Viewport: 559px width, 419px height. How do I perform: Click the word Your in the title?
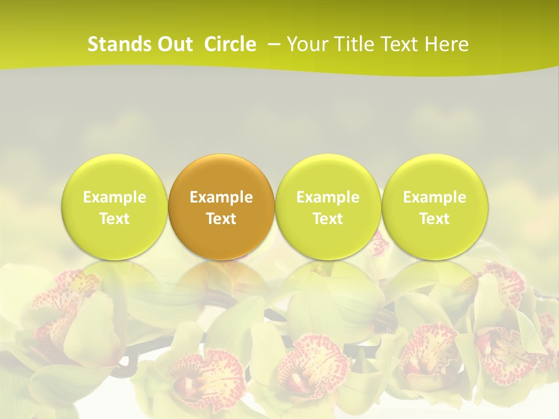[306, 44]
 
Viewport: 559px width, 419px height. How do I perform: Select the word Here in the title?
[446, 44]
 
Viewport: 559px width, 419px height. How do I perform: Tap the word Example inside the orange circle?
[221, 197]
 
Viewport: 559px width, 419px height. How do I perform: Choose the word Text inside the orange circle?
[221, 219]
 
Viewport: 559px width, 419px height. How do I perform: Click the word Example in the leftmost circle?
[115, 197]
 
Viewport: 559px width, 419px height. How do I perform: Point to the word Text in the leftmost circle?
[115, 219]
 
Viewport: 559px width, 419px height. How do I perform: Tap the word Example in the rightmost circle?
[434, 197]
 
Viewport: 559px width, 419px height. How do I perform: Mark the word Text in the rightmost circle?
[434, 219]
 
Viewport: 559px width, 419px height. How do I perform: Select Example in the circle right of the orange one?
[328, 197]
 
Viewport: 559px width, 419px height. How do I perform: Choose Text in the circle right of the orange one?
[328, 219]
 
